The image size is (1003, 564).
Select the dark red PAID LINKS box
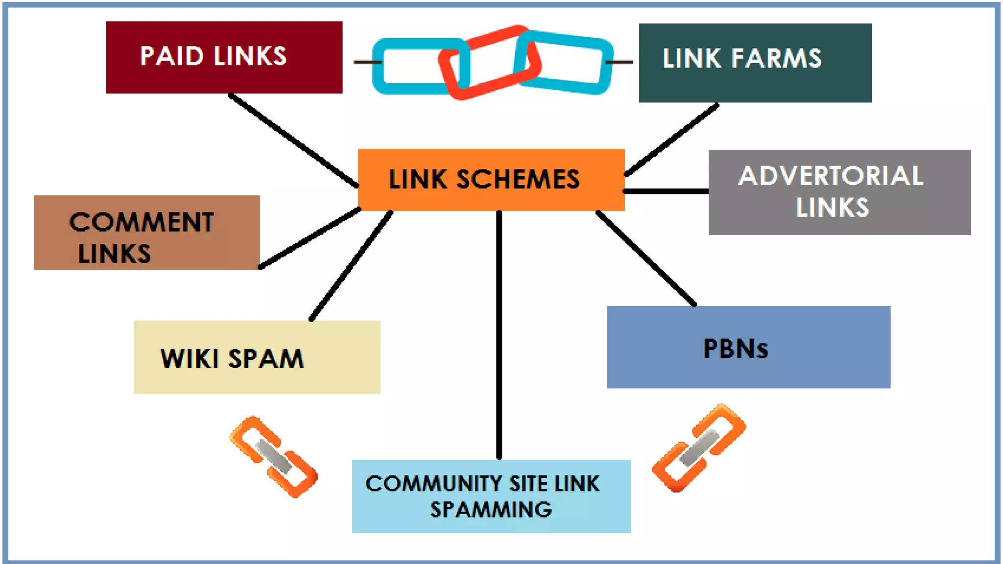[224, 57]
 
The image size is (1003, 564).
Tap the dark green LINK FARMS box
[755, 63]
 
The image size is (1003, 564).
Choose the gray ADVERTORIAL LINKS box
[839, 192]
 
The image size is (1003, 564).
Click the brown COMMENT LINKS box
[146, 233]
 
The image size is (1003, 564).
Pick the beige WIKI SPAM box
[257, 357]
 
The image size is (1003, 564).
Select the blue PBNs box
[748, 347]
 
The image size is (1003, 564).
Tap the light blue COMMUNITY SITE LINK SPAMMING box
[491, 496]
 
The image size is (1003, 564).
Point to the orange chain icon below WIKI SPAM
[273, 457]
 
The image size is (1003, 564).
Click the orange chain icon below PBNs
[699, 447]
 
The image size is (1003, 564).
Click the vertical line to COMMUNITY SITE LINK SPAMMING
[499, 338]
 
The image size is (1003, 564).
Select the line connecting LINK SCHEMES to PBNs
[645, 258]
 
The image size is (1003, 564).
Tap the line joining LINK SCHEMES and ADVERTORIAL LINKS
[666, 191]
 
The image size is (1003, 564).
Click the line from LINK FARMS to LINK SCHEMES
[672, 139]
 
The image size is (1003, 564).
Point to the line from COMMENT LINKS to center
[310, 238]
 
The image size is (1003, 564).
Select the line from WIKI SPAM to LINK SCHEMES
[351, 266]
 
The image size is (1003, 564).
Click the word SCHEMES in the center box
[518, 179]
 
